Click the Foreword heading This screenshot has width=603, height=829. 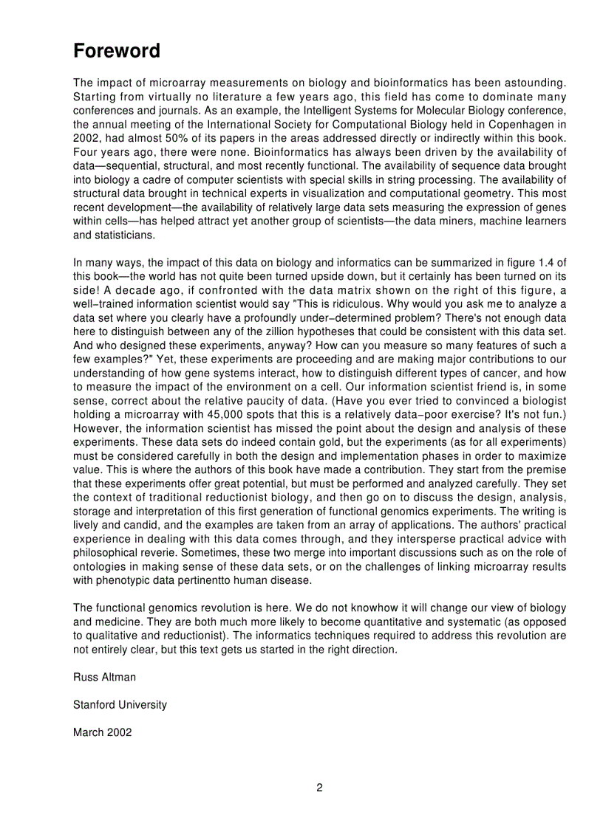tap(117, 52)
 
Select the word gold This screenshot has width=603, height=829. tap(317, 442)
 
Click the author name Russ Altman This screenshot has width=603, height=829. tap(104, 677)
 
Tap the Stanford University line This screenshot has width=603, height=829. tap(120, 705)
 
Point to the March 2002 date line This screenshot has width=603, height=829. tap(103, 732)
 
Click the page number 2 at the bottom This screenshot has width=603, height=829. tap(319, 787)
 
